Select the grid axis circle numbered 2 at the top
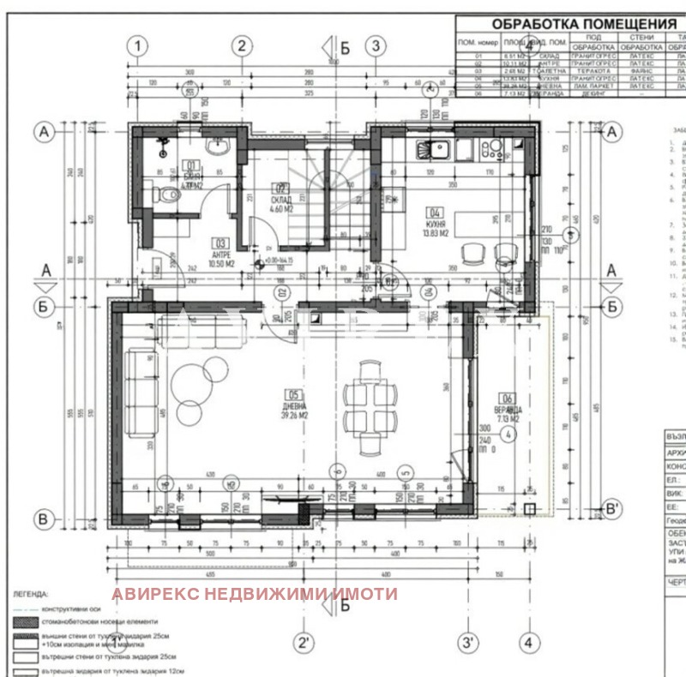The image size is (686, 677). point(243,45)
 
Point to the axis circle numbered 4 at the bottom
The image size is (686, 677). point(529,640)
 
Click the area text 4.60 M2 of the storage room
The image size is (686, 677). point(280,207)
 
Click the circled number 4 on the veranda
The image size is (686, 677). point(508,434)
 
